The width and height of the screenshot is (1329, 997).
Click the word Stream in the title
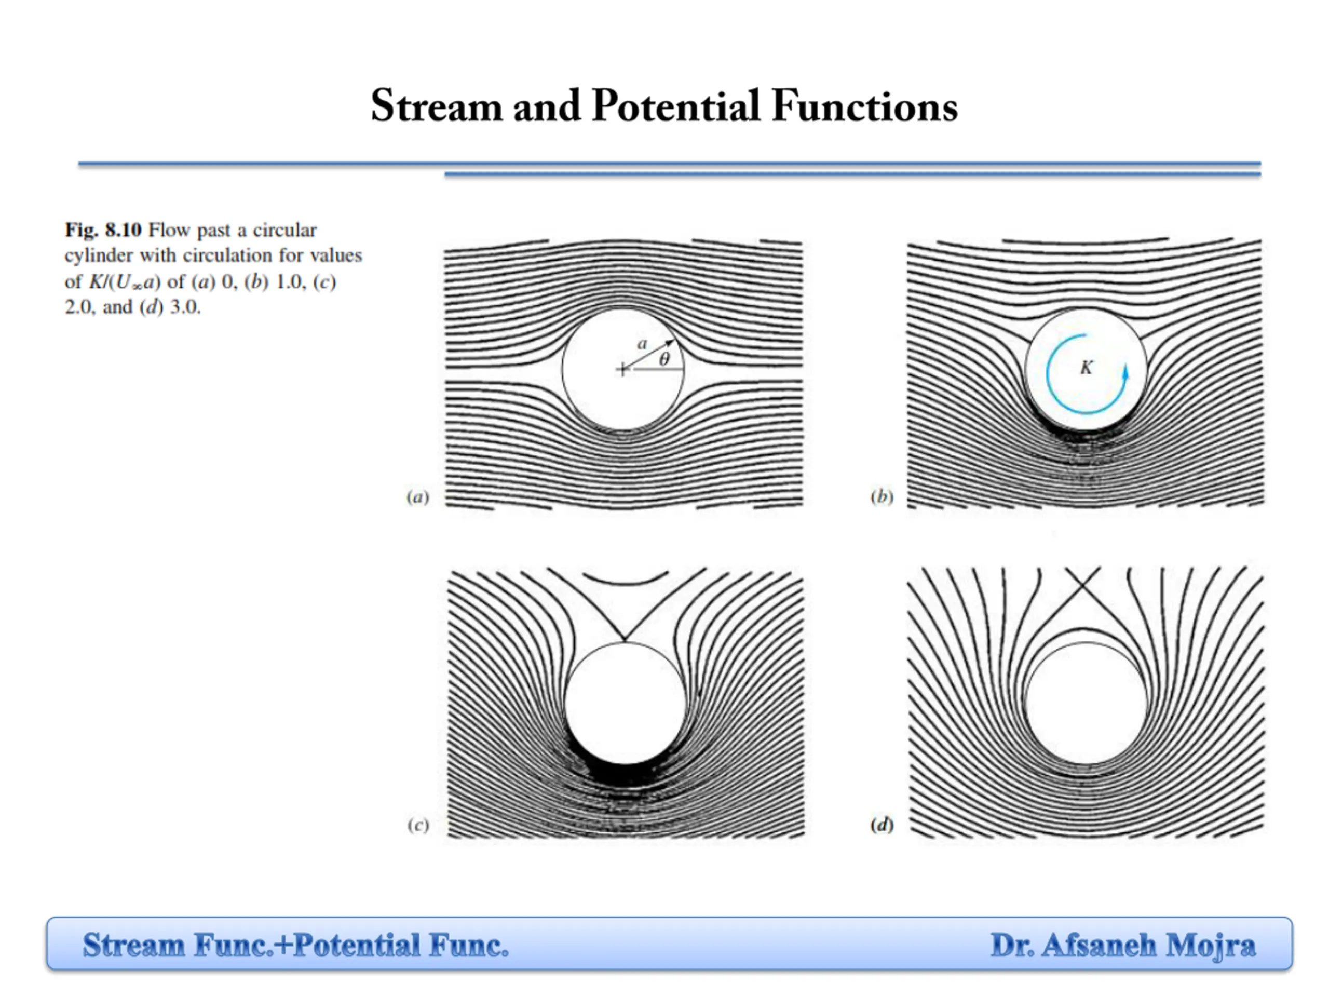436,106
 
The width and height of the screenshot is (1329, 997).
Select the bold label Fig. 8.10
103,230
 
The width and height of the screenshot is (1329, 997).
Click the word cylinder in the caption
99,256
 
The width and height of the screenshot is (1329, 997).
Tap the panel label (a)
417,497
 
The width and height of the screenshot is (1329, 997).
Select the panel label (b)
882,497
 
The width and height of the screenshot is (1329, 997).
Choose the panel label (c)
417,825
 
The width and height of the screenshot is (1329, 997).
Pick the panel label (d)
882,825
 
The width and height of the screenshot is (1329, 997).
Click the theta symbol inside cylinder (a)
664,360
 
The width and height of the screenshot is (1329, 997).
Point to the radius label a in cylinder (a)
642,344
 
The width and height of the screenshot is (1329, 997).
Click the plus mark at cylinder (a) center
623,370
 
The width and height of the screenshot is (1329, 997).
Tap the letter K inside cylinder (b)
1086,368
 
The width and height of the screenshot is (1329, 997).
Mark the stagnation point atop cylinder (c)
625,641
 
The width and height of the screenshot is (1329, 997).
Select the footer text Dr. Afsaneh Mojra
1122,945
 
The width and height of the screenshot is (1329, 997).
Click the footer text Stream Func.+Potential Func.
295,945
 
